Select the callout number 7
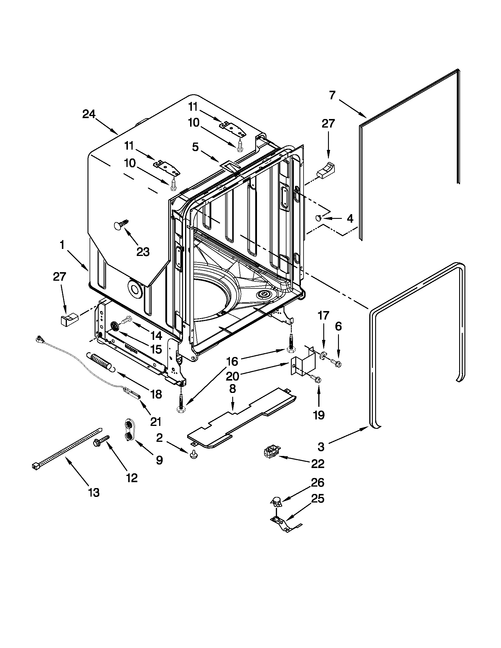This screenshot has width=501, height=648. [x=332, y=95]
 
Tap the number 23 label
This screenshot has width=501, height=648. [x=143, y=252]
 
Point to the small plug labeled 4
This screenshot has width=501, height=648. [x=319, y=218]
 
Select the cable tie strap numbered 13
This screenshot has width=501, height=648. [x=65, y=450]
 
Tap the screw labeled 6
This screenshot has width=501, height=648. [x=337, y=363]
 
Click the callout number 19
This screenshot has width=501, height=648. [x=319, y=415]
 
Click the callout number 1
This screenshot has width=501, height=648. [x=62, y=245]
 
